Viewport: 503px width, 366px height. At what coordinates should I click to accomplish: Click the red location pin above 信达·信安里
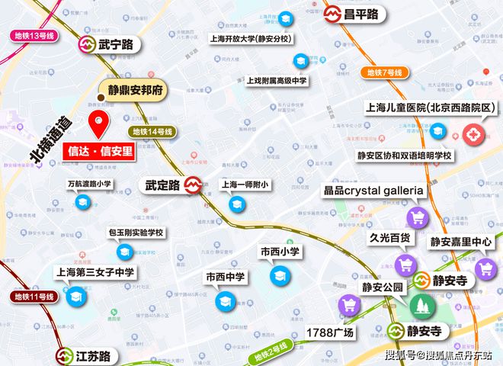(98, 122)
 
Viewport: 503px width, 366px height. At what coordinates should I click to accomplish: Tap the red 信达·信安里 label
(98, 149)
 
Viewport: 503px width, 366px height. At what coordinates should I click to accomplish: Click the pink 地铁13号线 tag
(35, 35)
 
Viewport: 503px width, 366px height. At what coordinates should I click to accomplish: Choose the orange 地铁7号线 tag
(383, 73)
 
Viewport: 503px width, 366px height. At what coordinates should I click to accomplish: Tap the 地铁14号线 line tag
(153, 131)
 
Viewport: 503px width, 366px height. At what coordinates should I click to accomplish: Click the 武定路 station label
(162, 185)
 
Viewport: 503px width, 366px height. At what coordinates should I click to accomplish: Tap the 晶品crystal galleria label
(373, 190)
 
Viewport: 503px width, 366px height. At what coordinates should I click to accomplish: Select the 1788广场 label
(330, 332)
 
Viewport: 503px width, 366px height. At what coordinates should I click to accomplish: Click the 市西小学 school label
(280, 252)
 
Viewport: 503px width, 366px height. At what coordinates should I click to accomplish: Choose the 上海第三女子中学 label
(96, 271)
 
